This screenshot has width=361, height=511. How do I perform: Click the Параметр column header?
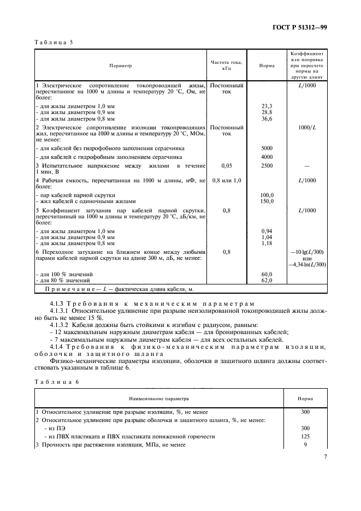(120, 66)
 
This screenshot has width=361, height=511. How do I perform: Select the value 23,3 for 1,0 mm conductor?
(267, 105)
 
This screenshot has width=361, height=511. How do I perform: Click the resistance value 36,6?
(267, 118)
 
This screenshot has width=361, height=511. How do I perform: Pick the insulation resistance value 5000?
(267, 148)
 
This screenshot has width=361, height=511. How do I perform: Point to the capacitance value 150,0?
(267, 201)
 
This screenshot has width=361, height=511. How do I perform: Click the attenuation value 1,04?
(267, 237)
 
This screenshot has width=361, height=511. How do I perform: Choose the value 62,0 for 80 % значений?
(267, 280)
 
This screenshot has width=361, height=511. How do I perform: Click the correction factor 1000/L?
(307, 127)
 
